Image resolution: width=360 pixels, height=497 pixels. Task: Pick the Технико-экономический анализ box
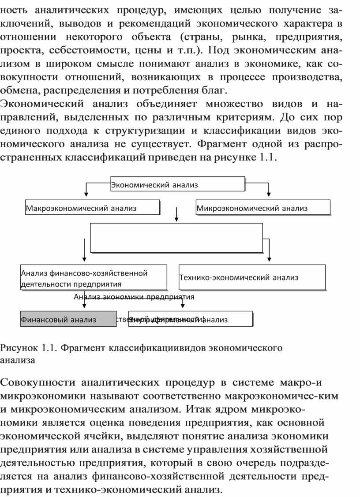[252, 277]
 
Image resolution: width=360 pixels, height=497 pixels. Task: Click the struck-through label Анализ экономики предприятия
[134, 297]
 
